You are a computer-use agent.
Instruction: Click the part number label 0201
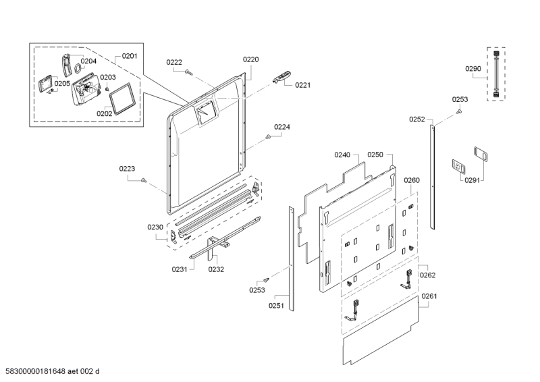[x=130, y=56]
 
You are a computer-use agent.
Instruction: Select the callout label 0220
[x=250, y=59]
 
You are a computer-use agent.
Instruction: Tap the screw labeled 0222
[x=188, y=72]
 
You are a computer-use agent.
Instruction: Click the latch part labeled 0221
[x=281, y=77]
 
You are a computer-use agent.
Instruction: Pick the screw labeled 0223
[x=144, y=180]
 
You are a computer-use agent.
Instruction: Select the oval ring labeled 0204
[x=78, y=69]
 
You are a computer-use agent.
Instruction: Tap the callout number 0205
[x=62, y=84]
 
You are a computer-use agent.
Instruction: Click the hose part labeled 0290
[x=496, y=74]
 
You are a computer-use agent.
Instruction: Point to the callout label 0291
[x=472, y=180]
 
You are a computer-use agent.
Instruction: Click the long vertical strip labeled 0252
[x=432, y=177]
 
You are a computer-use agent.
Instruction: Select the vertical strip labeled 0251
[x=292, y=258]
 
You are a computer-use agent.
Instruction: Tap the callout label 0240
[x=342, y=155]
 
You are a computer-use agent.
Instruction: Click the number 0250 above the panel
[x=375, y=155]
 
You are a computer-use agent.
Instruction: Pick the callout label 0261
[x=429, y=296]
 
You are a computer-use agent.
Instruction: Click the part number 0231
[x=180, y=269]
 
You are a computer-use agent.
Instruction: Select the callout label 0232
[x=216, y=269]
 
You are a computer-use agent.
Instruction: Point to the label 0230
[x=155, y=227]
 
